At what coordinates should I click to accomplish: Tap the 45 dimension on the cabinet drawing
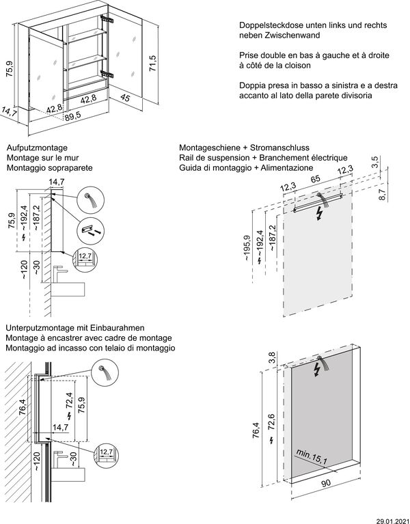click(x=125, y=98)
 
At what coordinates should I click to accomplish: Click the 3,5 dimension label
click(x=374, y=161)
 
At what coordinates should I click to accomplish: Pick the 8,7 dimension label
click(x=383, y=195)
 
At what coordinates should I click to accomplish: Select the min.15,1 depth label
click(x=312, y=457)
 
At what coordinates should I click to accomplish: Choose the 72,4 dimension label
click(x=68, y=400)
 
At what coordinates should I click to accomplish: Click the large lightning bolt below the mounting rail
click(x=318, y=215)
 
